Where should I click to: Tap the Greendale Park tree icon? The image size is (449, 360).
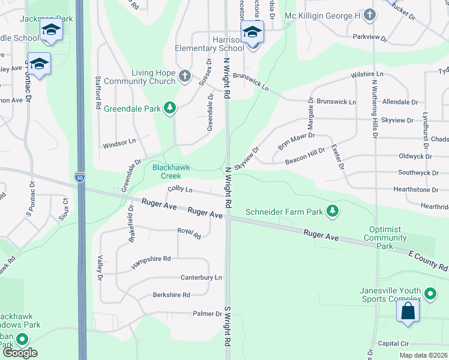click(x=171, y=107)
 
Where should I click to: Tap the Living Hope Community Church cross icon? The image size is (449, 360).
click(x=185, y=76)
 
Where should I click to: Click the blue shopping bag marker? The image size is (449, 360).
click(x=408, y=311)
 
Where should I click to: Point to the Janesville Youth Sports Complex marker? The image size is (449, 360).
click(x=430, y=294)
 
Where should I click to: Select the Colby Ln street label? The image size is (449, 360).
click(x=180, y=190)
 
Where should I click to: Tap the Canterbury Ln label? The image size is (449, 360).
click(x=202, y=278)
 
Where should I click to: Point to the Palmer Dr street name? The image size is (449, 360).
click(x=208, y=314)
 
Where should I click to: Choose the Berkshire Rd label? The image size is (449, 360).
click(x=171, y=295)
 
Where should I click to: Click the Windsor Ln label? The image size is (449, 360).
click(x=119, y=144)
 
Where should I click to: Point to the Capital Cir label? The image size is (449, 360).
click(x=393, y=344)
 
